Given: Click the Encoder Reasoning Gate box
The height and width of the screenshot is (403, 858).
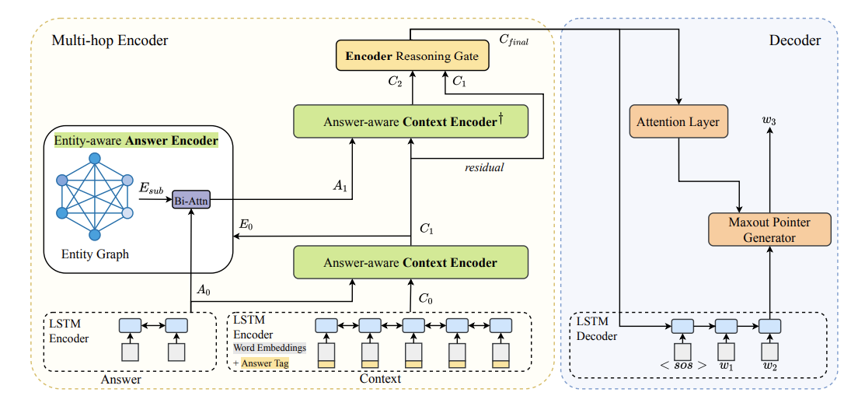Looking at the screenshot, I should (412, 56).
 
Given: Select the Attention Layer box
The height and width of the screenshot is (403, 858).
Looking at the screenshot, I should (678, 121).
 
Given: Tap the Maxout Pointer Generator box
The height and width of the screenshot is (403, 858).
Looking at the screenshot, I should (769, 230).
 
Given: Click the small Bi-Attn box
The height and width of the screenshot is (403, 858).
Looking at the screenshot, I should (190, 199).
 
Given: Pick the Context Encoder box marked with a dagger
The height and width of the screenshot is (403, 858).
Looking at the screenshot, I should (410, 121).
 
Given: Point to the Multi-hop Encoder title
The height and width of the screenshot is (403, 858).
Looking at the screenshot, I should (110, 40).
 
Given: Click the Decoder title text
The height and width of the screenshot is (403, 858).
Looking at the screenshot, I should (795, 40).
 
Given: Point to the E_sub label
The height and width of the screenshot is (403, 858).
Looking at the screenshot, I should (152, 188).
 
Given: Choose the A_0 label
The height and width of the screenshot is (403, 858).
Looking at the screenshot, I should (202, 289).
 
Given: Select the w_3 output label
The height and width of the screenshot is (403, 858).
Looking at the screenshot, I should (769, 120).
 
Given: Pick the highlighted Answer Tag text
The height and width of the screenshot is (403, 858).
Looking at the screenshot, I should (264, 363).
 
